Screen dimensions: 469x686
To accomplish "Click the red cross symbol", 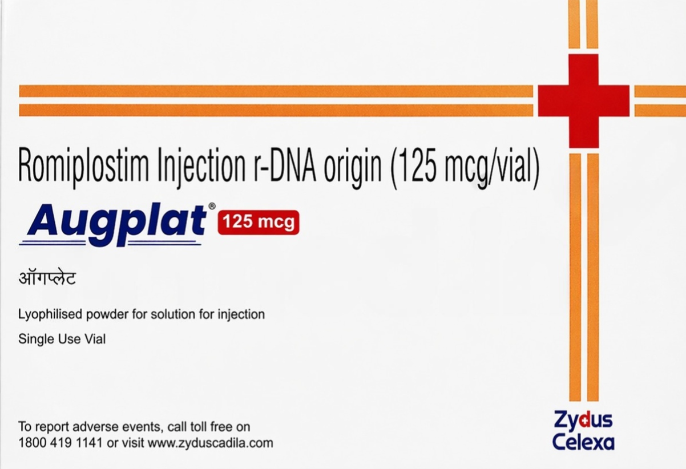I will tap(583, 101).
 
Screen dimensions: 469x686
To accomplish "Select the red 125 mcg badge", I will tap(259, 222).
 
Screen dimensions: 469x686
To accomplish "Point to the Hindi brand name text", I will tap(47, 280).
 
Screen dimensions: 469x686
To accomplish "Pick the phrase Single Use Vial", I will tap(62, 339).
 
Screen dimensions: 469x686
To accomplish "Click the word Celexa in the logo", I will tap(583, 442).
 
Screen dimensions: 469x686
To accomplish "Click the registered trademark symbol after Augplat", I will tap(212, 206).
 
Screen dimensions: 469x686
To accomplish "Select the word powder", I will tap(114, 314).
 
